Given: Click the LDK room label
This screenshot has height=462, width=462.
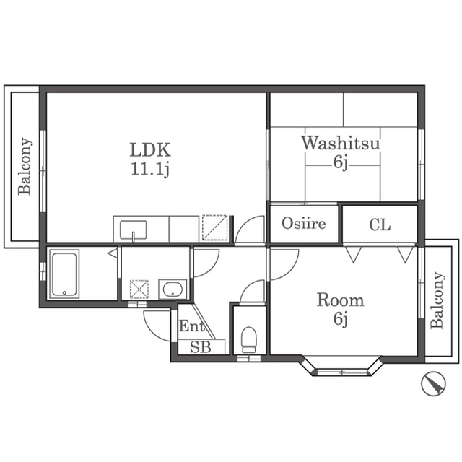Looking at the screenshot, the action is (150, 149).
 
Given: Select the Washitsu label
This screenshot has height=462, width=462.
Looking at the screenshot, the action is (340, 143).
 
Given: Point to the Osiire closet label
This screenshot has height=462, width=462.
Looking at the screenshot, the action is (304, 223).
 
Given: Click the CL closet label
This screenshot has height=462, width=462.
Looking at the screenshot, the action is (380, 225).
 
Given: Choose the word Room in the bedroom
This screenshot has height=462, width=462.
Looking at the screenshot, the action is (340, 300).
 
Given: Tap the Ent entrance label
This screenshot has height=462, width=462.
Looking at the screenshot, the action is (192, 326).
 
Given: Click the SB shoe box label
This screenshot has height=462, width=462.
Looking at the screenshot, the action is (201, 346).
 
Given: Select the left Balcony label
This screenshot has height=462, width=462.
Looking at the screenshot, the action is (25, 166).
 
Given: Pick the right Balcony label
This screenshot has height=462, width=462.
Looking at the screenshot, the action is (437, 300).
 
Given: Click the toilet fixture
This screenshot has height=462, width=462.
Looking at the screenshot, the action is (249, 339).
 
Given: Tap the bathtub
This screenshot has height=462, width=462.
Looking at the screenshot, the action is (64, 274).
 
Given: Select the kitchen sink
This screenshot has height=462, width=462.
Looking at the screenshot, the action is (133, 230).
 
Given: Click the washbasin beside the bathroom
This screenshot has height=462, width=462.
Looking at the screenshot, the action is (173, 289).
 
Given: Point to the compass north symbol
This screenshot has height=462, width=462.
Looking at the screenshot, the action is (433, 383).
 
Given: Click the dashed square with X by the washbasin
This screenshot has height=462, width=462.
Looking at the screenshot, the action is (139, 289).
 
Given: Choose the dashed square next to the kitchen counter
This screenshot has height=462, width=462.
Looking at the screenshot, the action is (215, 228).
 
